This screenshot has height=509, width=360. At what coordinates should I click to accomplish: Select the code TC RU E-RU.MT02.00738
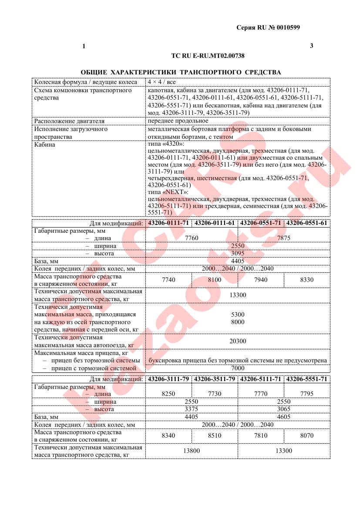click(x=208, y=56)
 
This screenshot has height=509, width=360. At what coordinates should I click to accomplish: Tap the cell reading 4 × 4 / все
click(x=161, y=82)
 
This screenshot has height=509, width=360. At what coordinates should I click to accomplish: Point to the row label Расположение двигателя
click(x=69, y=121)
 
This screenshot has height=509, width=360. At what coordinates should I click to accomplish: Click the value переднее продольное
click(x=178, y=121)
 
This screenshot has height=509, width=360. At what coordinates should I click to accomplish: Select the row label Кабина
click(x=45, y=144)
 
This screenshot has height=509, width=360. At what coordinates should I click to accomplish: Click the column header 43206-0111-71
click(x=168, y=223)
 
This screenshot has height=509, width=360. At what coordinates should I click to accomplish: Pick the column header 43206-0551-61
click(x=306, y=223)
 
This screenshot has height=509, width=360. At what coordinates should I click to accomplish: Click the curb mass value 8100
click(x=215, y=280)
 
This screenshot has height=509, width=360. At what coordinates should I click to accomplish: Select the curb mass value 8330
click(x=306, y=280)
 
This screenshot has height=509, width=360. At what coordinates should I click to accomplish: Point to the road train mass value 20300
click(x=237, y=341)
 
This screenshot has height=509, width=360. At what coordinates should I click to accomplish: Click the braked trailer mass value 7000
click(x=237, y=368)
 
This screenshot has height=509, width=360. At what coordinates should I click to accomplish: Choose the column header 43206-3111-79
click(x=168, y=379)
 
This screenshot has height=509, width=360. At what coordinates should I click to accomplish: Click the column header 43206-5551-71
click(x=306, y=379)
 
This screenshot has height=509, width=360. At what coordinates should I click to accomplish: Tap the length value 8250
click(x=168, y=394)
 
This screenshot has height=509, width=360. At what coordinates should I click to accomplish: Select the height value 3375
click(x=192, y=409)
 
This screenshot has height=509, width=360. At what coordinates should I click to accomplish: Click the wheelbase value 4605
click(x=283, y=416)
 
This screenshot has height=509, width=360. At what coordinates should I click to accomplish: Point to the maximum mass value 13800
click(x=192, y=451)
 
